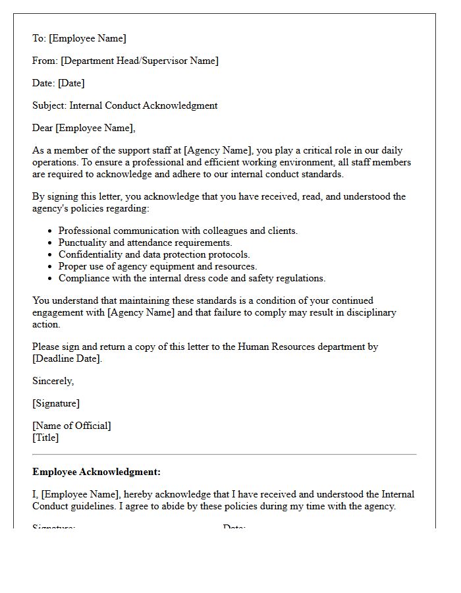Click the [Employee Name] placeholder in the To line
pos(87,38)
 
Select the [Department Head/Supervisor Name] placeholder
pos(140,61)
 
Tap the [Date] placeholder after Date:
pos(71,83)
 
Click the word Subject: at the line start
pos(49,105)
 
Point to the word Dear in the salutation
pos(43,128)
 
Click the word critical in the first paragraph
pos(325,150)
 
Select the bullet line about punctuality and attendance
pos(145,242)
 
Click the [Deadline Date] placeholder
pos(67,358)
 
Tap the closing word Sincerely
pos(53,381)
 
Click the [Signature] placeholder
pos(56,403)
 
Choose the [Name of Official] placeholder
pos(72,426)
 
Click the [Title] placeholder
pos(45,438)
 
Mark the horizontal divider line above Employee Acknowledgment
pos(224,455)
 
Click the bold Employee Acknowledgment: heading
pos(96,472)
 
